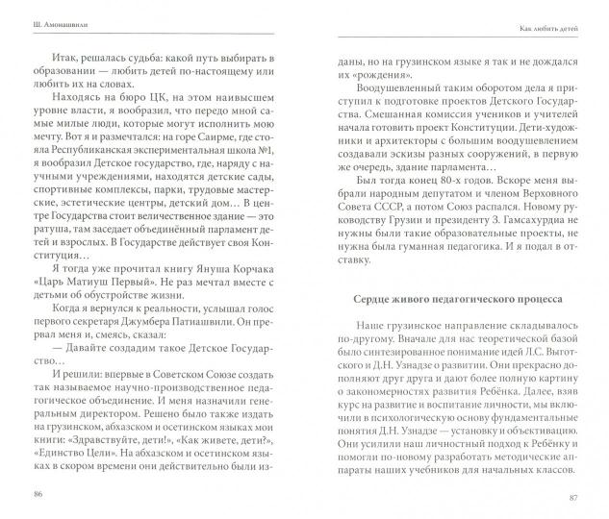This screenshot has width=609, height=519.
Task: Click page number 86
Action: click(38, 493)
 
